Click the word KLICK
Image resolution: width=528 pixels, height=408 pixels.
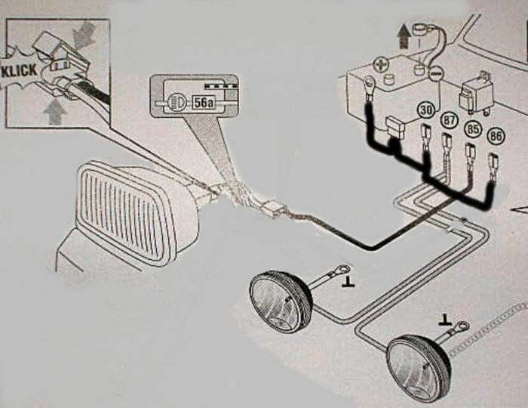pos(19,71)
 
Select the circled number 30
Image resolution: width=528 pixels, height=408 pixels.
pos(426,110)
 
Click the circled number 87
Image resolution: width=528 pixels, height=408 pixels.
pos(449,120)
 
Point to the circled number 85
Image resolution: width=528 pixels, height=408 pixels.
pos(472,129)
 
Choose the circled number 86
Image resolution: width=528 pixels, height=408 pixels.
pos(496,137)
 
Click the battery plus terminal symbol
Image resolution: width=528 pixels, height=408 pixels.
pos(381,63)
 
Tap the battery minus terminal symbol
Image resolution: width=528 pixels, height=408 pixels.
pos(435,73)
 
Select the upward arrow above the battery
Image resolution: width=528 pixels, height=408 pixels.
pos(402,37)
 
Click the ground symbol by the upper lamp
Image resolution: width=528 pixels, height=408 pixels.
pos(348,283)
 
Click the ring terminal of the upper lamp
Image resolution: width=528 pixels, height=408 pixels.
pos(342,270)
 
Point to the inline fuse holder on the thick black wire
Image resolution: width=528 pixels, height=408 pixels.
pos(395,128)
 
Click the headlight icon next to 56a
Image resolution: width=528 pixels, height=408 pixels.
pos(175,101)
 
